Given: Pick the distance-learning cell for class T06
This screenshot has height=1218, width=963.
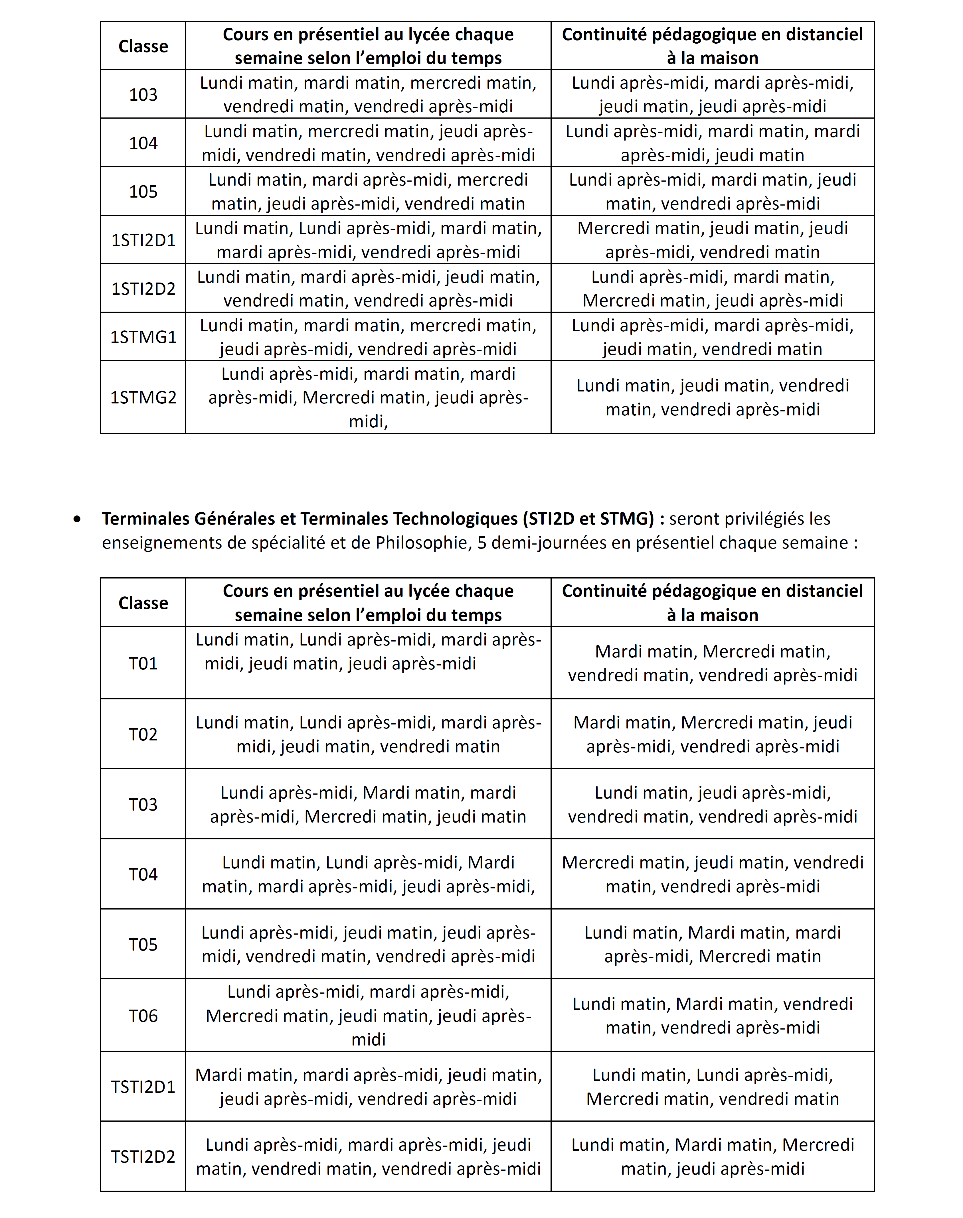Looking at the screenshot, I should pyautogui.click(x=712, y=1016).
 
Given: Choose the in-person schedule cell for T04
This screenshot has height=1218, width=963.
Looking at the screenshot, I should pyautogui.click(x=368, y=874).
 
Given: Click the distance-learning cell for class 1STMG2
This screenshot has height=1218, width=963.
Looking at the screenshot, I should pyautogui.click(x=712, y=397).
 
